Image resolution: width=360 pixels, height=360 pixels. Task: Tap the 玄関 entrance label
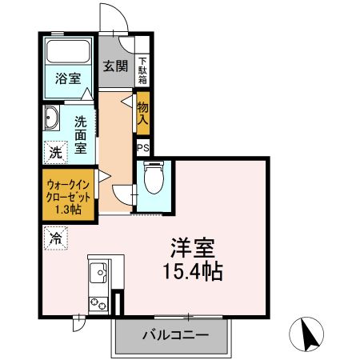115,66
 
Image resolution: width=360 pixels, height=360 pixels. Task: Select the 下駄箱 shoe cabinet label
142,69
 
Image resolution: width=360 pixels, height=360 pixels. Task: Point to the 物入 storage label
143,113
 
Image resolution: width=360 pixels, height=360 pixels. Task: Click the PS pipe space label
143,148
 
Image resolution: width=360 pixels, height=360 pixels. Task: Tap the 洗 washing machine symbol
55,151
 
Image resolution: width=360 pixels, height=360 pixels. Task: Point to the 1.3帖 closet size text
68,209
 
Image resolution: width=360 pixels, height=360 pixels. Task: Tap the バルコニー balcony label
176,334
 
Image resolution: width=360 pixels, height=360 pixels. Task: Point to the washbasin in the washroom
51,118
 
